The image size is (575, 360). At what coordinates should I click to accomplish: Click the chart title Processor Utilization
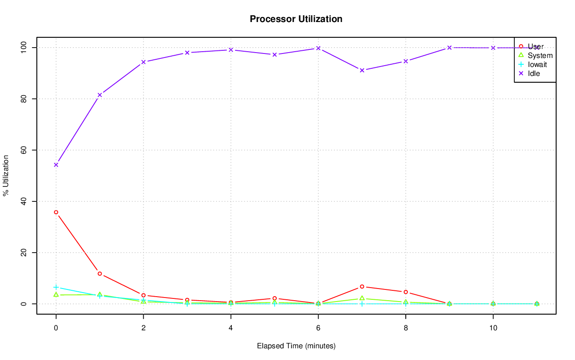pyautogui.click(x=296, y=19)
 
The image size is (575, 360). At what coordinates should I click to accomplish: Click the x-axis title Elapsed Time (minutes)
pyautogui.click(x=296, y=346)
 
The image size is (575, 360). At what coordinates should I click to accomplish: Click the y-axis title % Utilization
pyautogui.click(x=6, y=175)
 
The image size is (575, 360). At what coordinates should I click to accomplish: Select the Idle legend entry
pyautogui.click(x=534, y=73)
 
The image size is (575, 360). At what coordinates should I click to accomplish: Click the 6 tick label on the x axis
pyautogui.click(x=318, y=328)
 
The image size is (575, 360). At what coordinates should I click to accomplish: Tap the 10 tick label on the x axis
pyautogui.click(x=493, y=328)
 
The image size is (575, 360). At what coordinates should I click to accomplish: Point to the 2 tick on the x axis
pyautogui.click(x=143, y=328)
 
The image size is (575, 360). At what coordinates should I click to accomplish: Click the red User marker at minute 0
pyautogui.click(x=56, y=212)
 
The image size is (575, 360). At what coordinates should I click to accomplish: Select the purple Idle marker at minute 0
pyautogui.click(x=56, y=164)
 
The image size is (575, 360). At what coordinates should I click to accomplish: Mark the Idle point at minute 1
pyautogui.click(x=100, y=95)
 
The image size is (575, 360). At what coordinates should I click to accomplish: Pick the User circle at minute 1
pyautogui.click(x=100, y=274)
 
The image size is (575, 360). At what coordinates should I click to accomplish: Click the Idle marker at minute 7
pyautogui.click(x=362, y=70)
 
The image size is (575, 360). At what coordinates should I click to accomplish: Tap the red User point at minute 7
pyautogui.click(x=362, y=287)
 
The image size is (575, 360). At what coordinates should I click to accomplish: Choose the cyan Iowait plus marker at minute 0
pyautogui.click(x=56, y=287)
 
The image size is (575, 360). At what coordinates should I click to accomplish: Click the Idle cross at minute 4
pyautogui.click(x=231, y=50)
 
